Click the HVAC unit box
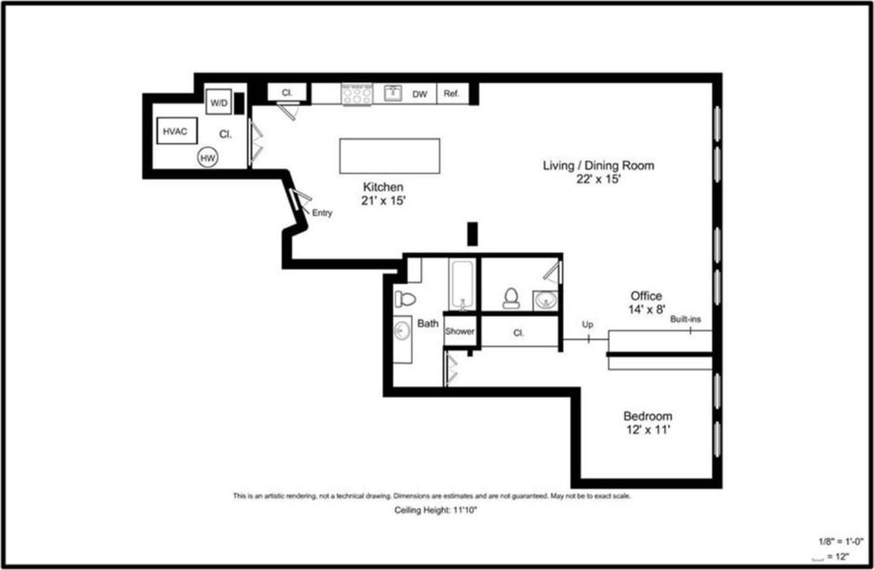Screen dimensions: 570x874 pyautogui.click(x=177, y=130)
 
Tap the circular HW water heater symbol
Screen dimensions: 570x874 pyautogui.click(x=208, y=158)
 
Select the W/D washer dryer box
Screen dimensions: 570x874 pyautogui.click(x=218, y=102)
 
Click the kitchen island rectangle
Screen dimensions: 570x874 pyautogui.click(x=389, y=156)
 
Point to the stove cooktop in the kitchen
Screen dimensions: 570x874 pyautogui.click(x=357, y=94)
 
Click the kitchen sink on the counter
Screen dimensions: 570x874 pyautogui.click(x=393, y=93)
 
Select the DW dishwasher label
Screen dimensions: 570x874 pyautogui.click(x=419, y=94)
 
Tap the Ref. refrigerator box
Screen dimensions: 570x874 pyautogui.click(x=451, y=94)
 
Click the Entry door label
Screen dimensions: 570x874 pyautogui.click(x=322, y=213)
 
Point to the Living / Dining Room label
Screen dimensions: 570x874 pyautogui.click(x=598, y=165)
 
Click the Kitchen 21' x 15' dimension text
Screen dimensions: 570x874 pyautogui.click(x=384, y=201)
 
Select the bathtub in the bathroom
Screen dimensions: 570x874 pyautogui.click(x=462, y=283)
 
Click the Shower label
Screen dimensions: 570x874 pyautogui.click(x=460, y=331)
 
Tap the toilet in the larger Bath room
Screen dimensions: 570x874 pyautogui.click(x=405, y=298)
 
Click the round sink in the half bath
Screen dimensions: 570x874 pyautogui.click(x=545, y=300)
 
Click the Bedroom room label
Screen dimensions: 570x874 pyautogui.click(x=647, y=416)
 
